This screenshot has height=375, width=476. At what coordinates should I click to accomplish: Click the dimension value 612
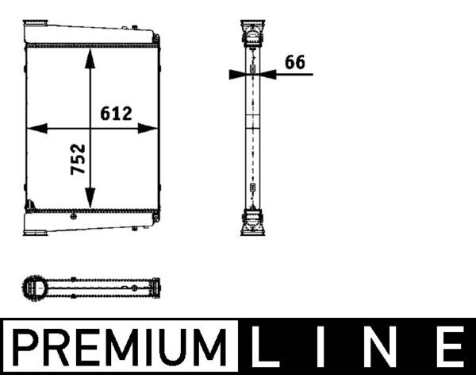coord(116,114)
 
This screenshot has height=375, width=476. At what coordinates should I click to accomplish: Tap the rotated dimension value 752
coord(78,160)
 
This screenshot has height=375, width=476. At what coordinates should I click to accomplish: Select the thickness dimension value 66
coord(295,62)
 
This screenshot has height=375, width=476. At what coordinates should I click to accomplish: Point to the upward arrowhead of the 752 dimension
coord(90,58)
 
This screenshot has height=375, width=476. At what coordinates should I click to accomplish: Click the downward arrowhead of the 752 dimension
coord(90,199)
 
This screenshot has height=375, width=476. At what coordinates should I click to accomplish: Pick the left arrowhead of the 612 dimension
coord(37,129)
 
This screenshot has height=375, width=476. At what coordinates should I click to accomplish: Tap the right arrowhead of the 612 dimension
coord(148,129)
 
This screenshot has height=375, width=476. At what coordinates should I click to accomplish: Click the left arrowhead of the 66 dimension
coord(236,74)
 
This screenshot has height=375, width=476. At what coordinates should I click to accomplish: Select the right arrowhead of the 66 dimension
coord(268,74)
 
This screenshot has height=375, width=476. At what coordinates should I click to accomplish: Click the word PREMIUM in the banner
coord(120,347)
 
